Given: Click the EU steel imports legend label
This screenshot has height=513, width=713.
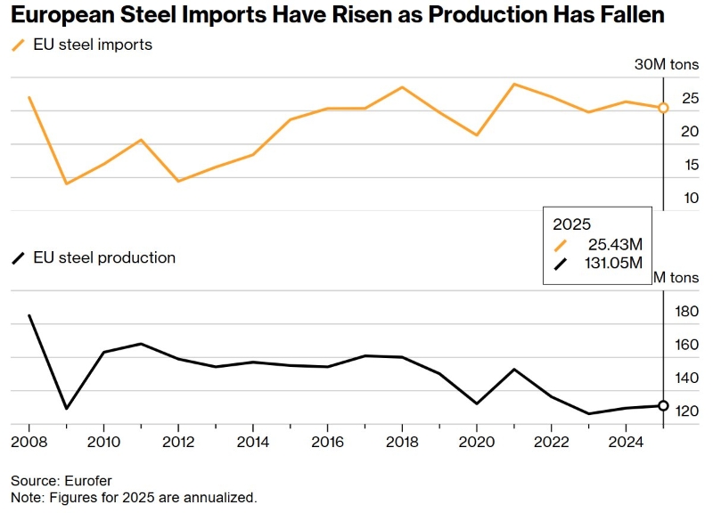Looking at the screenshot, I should coord(92,45).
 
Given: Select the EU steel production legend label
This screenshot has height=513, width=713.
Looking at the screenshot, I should coord(103,258).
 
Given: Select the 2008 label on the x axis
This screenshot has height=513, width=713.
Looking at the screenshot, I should coord(29,442).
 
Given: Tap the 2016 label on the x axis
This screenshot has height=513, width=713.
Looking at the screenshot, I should coord(327,442).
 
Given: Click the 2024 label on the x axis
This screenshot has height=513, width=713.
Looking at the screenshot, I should coord(626,442).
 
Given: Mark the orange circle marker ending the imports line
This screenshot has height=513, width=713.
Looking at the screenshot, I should coord(663,108).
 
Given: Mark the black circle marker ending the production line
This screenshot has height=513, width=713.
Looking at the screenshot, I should coord(663,405).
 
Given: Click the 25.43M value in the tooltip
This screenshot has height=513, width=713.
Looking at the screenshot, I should coord(616,245).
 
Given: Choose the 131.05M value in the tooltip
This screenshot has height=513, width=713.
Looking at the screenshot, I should coord(611,264).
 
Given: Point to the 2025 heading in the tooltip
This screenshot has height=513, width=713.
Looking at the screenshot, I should coord(572,224).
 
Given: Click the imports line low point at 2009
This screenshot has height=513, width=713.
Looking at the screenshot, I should coord(66,183).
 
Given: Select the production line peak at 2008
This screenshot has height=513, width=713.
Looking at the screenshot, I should coord(29,315).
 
